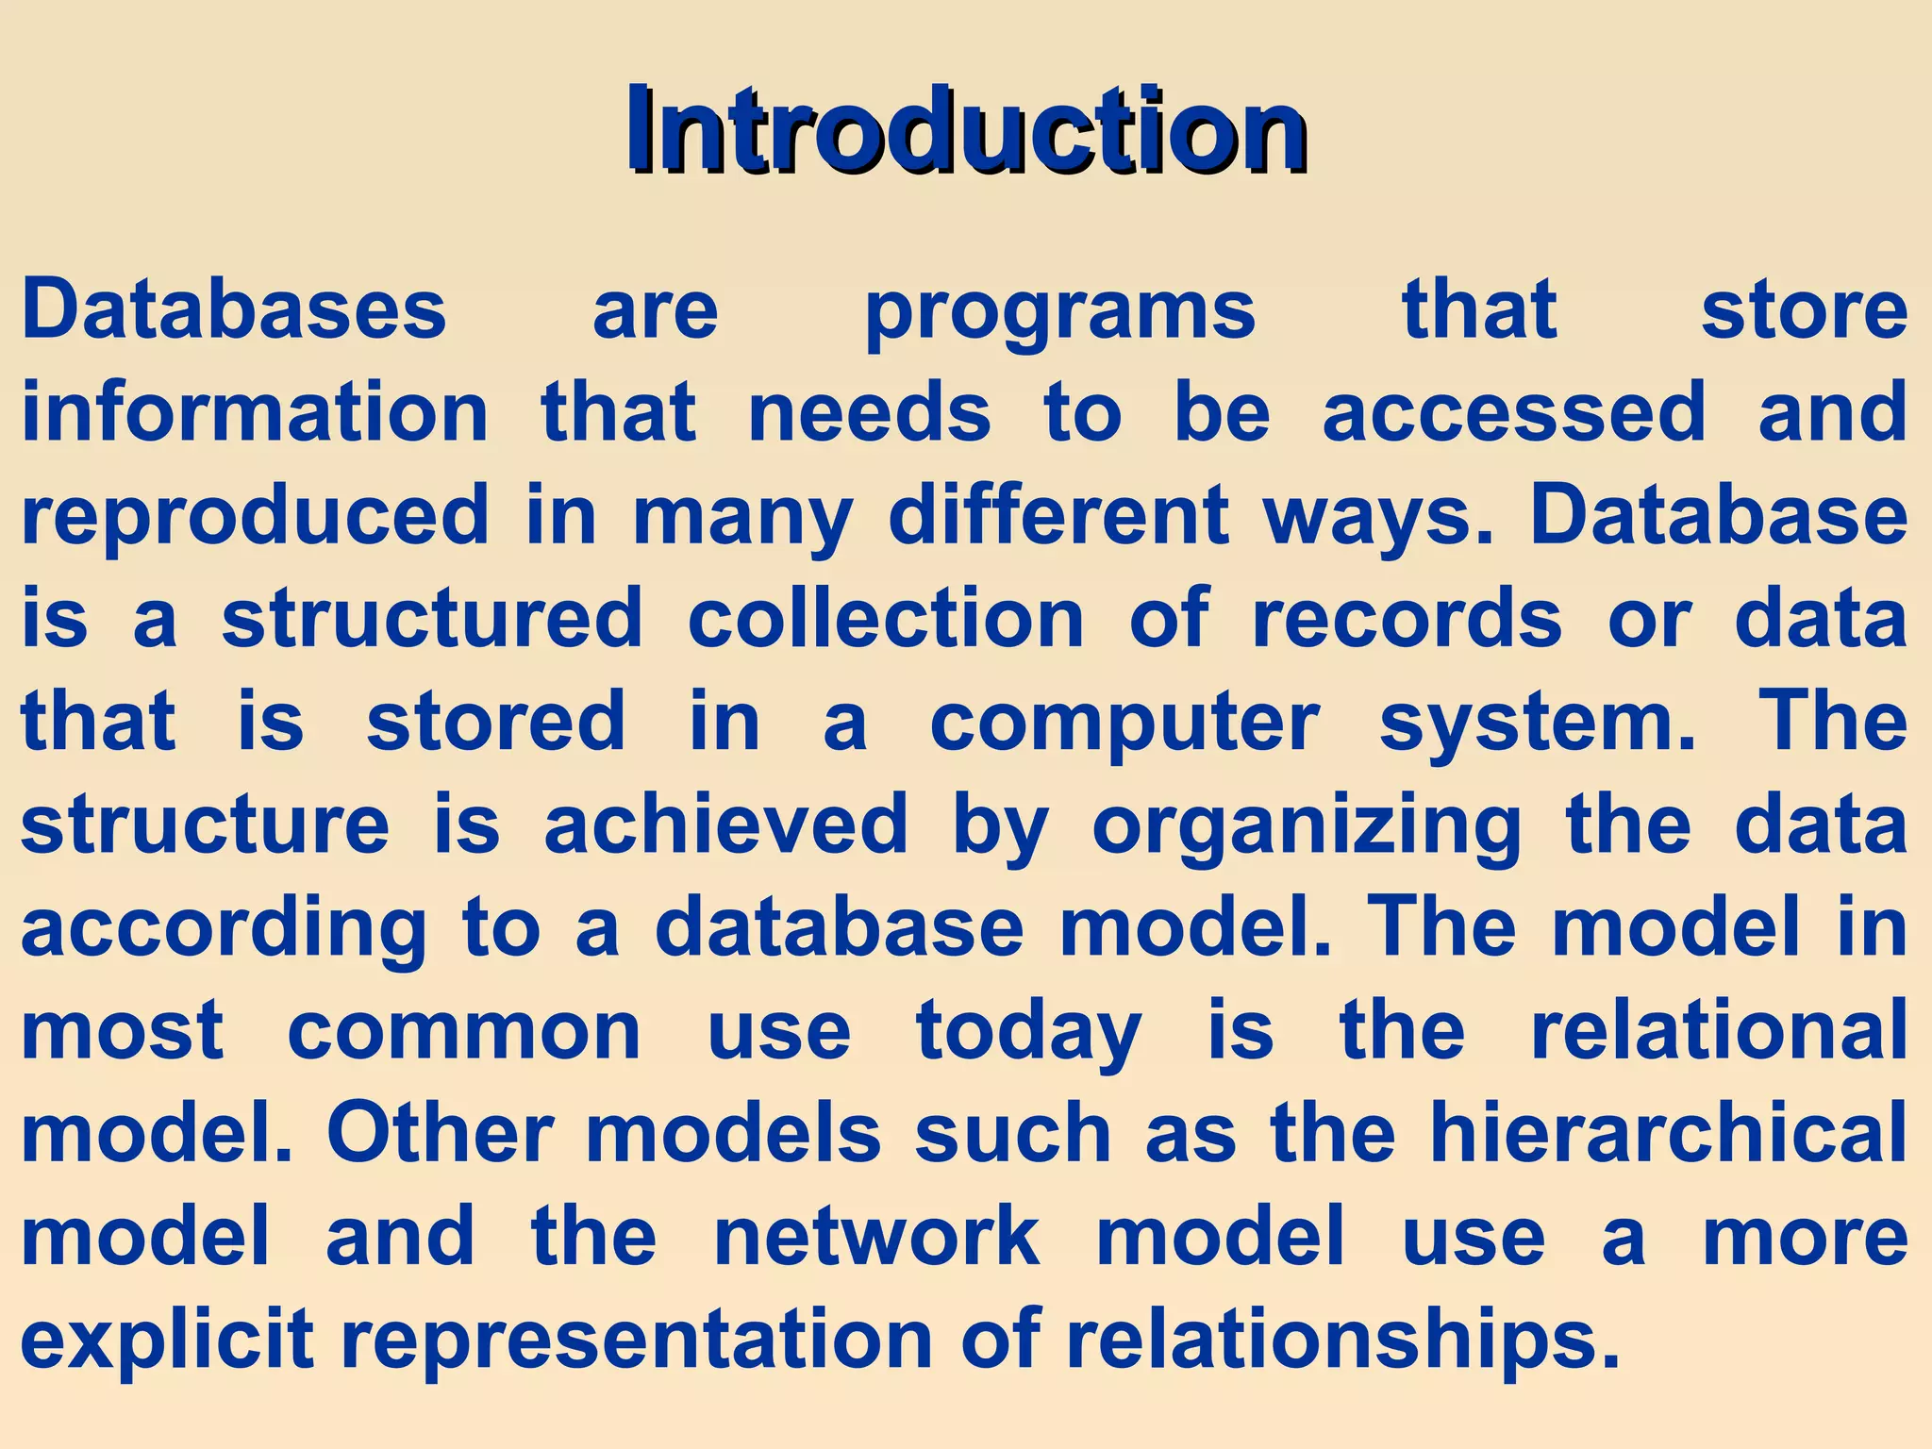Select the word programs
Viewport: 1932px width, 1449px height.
click(x=1060, y=311)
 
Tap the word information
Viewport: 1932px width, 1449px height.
click(x=255, y=412)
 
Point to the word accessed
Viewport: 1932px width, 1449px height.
click(x=1514, y=412)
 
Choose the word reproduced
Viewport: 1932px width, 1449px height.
click(x=255, y=516)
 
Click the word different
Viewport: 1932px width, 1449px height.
click(x=1059, y=515)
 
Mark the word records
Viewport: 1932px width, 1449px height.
click(x=1407, y=619)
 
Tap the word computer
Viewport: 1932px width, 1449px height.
click(x=1124, y=723)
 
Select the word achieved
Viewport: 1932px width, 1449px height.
click(x=725, y=824)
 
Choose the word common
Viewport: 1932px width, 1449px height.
click(x=464, y=1031)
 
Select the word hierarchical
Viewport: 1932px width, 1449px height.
click(x=1668, y=1133)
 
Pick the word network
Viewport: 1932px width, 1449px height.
click(x=876, y=1237)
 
